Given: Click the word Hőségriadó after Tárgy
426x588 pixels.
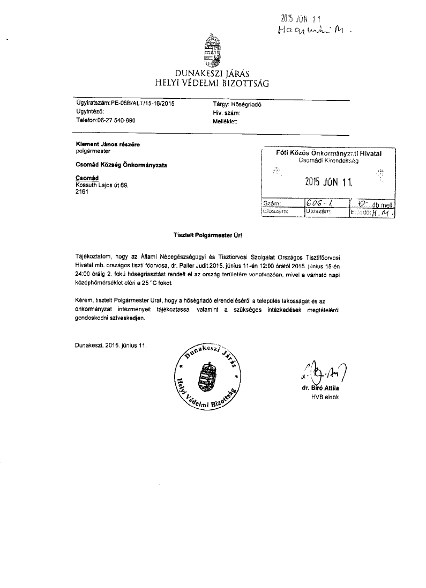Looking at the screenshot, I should [x=246, y=105].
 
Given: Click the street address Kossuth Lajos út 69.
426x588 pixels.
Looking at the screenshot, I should [x=102, y=185].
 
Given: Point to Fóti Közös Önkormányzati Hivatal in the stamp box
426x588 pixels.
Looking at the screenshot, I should [x=329, y=154].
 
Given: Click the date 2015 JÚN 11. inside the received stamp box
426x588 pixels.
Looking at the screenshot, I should [x=328, y=181].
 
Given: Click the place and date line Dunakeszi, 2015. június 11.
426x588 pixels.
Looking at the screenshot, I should [x=111, y=345].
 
